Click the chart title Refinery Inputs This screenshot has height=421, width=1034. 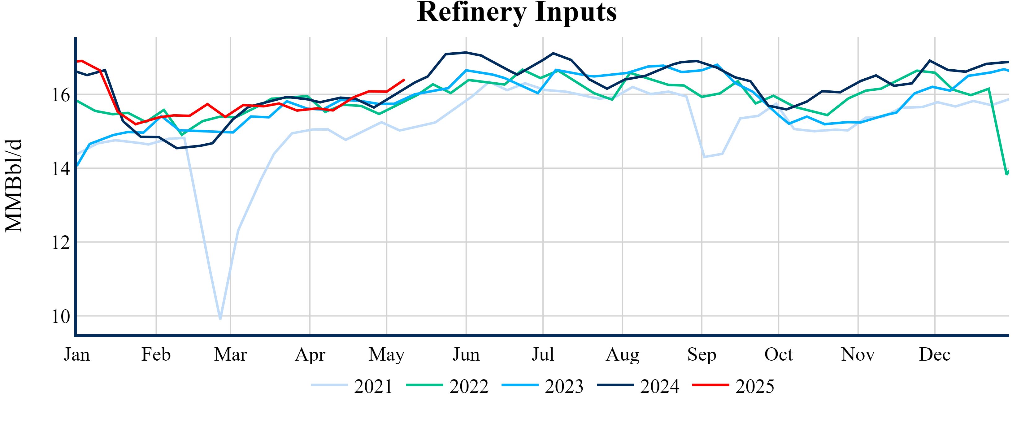517,12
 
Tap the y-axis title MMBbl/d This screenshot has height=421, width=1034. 14,185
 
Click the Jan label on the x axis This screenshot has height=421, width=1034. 77,355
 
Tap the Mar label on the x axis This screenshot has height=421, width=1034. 230,355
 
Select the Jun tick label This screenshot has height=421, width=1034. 466,355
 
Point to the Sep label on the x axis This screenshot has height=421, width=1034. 702,355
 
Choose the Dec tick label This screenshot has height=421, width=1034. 935,355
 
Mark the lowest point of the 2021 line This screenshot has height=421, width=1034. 220,319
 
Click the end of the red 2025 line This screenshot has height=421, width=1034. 404,80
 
